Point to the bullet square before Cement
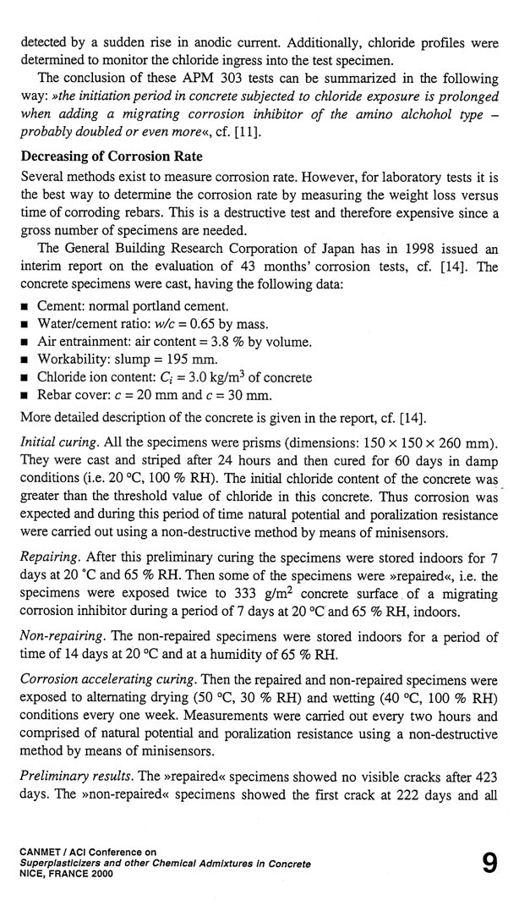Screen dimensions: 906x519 [26, 306]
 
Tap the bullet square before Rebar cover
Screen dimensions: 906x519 [26, 395]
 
